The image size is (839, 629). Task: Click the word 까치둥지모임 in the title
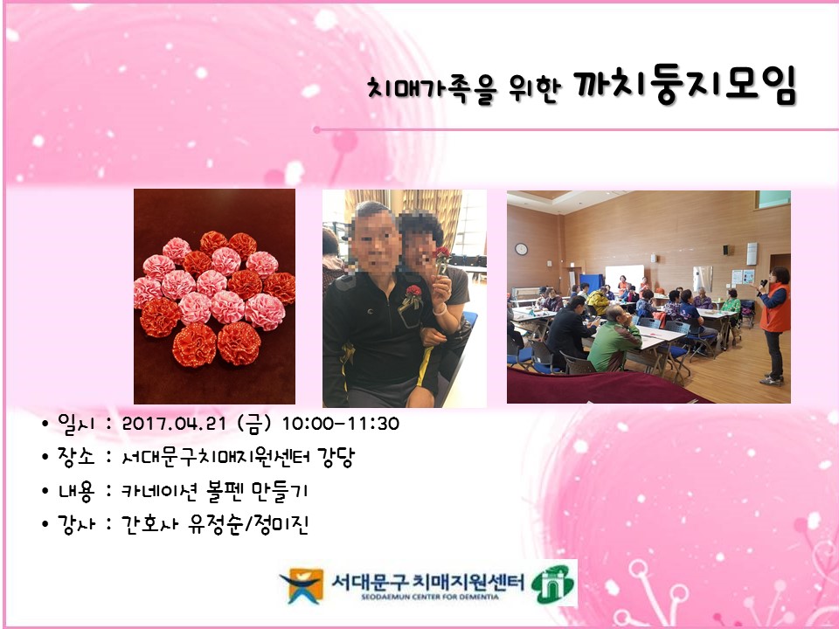[686, 88]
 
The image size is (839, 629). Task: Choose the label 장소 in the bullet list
[73, 457]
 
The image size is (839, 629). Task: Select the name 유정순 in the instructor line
[209, 525]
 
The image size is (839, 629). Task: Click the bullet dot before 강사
[45, 525]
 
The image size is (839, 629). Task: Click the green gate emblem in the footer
[554, 583]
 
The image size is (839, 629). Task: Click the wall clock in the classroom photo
[521, 249]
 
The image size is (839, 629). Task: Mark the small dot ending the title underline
[317, 130]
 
